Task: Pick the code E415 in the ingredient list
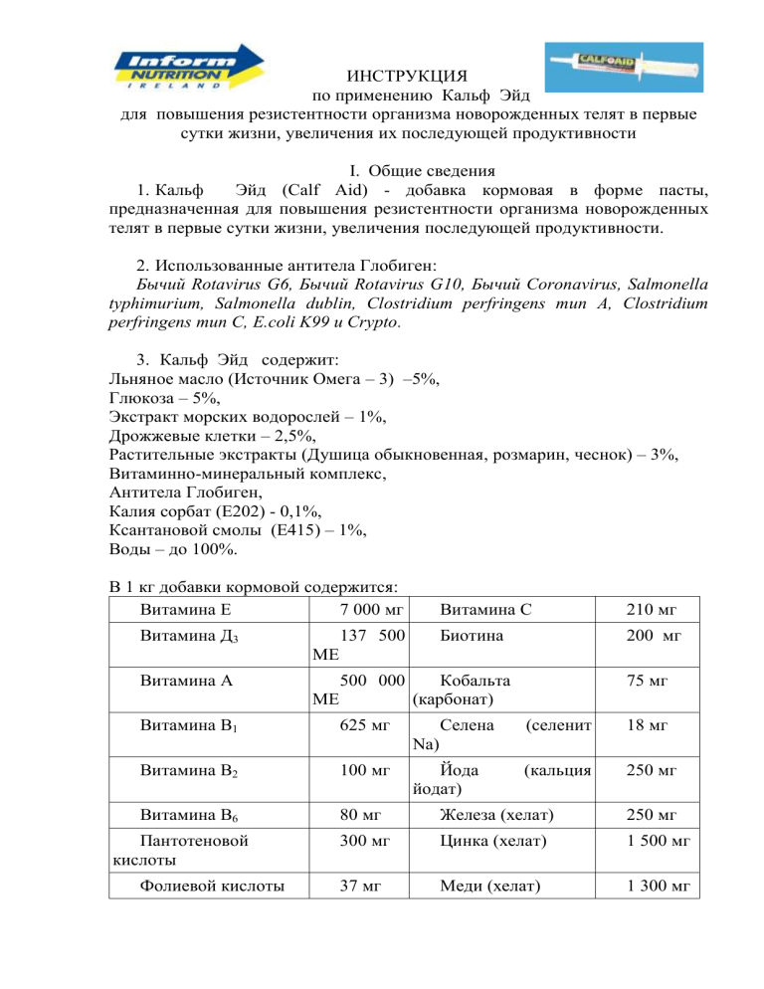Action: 264,531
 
